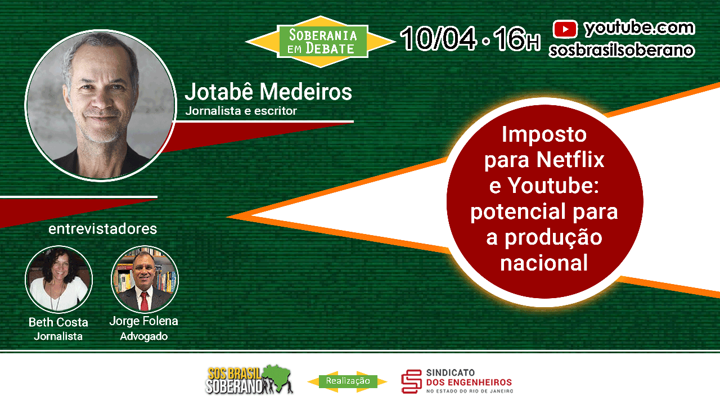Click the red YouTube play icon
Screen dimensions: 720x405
[x=565, y=29]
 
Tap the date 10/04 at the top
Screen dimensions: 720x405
[x=438, y=39]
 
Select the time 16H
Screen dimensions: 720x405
[x=517, y=39]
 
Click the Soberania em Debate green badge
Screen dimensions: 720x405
[x=322, y=42]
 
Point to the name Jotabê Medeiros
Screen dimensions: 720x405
[x=268, y=92]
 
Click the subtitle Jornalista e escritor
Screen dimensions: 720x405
[x=241, y=111]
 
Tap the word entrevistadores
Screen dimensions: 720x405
[x=102, y=229]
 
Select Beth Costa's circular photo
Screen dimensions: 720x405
[x=59, y=279]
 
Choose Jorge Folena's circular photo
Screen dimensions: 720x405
[x=145, y=278]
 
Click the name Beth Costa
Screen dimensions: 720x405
[x=58, y=322]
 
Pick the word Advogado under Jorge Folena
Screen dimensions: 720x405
[x=143, y=336]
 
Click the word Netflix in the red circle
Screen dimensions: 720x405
[x=570, y=159]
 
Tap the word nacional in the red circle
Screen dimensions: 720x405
[x=544, y=263]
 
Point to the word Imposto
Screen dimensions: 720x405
[x=544, y=134]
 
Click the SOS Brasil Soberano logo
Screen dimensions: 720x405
[x=249, y=380]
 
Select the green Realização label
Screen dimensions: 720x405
[x=348, y=381]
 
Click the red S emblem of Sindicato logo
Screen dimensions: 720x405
[x=411, y=381]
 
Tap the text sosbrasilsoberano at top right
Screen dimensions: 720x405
[x=622, y=51]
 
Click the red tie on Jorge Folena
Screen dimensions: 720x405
[x=145, y=300]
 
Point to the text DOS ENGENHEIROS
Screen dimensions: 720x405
[x=469, y=382]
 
